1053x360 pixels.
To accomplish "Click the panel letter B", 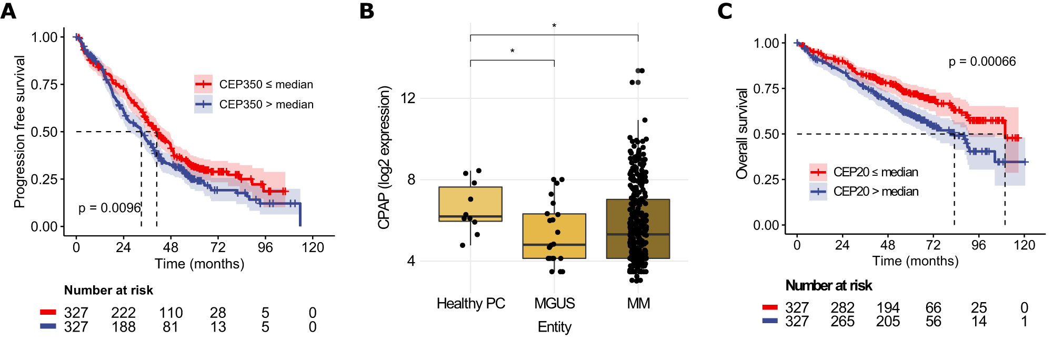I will [367, 11].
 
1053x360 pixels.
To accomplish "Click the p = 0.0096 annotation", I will [109, 208].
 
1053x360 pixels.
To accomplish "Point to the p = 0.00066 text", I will [982, 62].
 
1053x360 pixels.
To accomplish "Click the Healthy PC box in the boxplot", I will [470, 204].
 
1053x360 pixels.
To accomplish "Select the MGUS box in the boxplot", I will [554, 236].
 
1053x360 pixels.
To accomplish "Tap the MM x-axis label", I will [638, 304].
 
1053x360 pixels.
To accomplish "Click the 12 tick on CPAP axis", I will [408, 98].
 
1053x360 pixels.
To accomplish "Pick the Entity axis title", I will [554, 327].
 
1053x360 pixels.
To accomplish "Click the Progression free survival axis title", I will [19, 132].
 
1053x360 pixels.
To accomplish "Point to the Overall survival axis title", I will [742, 134].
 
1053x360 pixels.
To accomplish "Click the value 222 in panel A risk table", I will [123, 313].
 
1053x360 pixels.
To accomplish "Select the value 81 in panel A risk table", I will [170, 327].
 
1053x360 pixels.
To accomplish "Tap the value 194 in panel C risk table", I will [888, 308].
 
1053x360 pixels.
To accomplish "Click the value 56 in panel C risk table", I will [933, 322].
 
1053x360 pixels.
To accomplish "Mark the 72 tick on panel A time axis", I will [218, 247].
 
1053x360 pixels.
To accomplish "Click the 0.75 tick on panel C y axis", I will [766, 88].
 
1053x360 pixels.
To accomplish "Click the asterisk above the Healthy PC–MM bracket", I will [554, 26].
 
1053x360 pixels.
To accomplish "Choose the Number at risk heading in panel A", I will [108, 291].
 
